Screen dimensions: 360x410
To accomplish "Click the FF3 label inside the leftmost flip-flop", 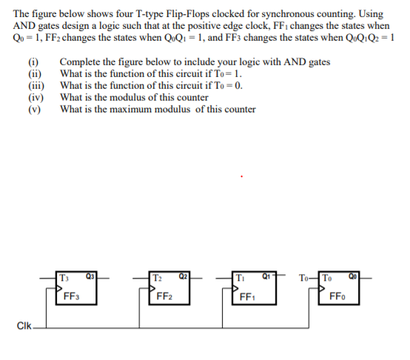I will [x=72, y=298].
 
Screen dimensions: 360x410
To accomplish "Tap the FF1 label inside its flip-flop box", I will [x=247, y=298].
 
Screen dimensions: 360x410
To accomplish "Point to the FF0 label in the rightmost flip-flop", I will [x=335, y=298].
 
